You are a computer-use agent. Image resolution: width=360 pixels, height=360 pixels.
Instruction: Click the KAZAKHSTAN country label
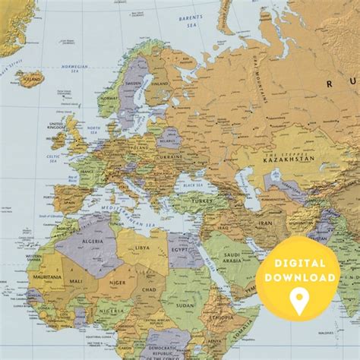[289, 159]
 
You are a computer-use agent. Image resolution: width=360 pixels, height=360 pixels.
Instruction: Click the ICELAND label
[30, 77]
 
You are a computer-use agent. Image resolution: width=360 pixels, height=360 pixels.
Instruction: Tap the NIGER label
[118, 283]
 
